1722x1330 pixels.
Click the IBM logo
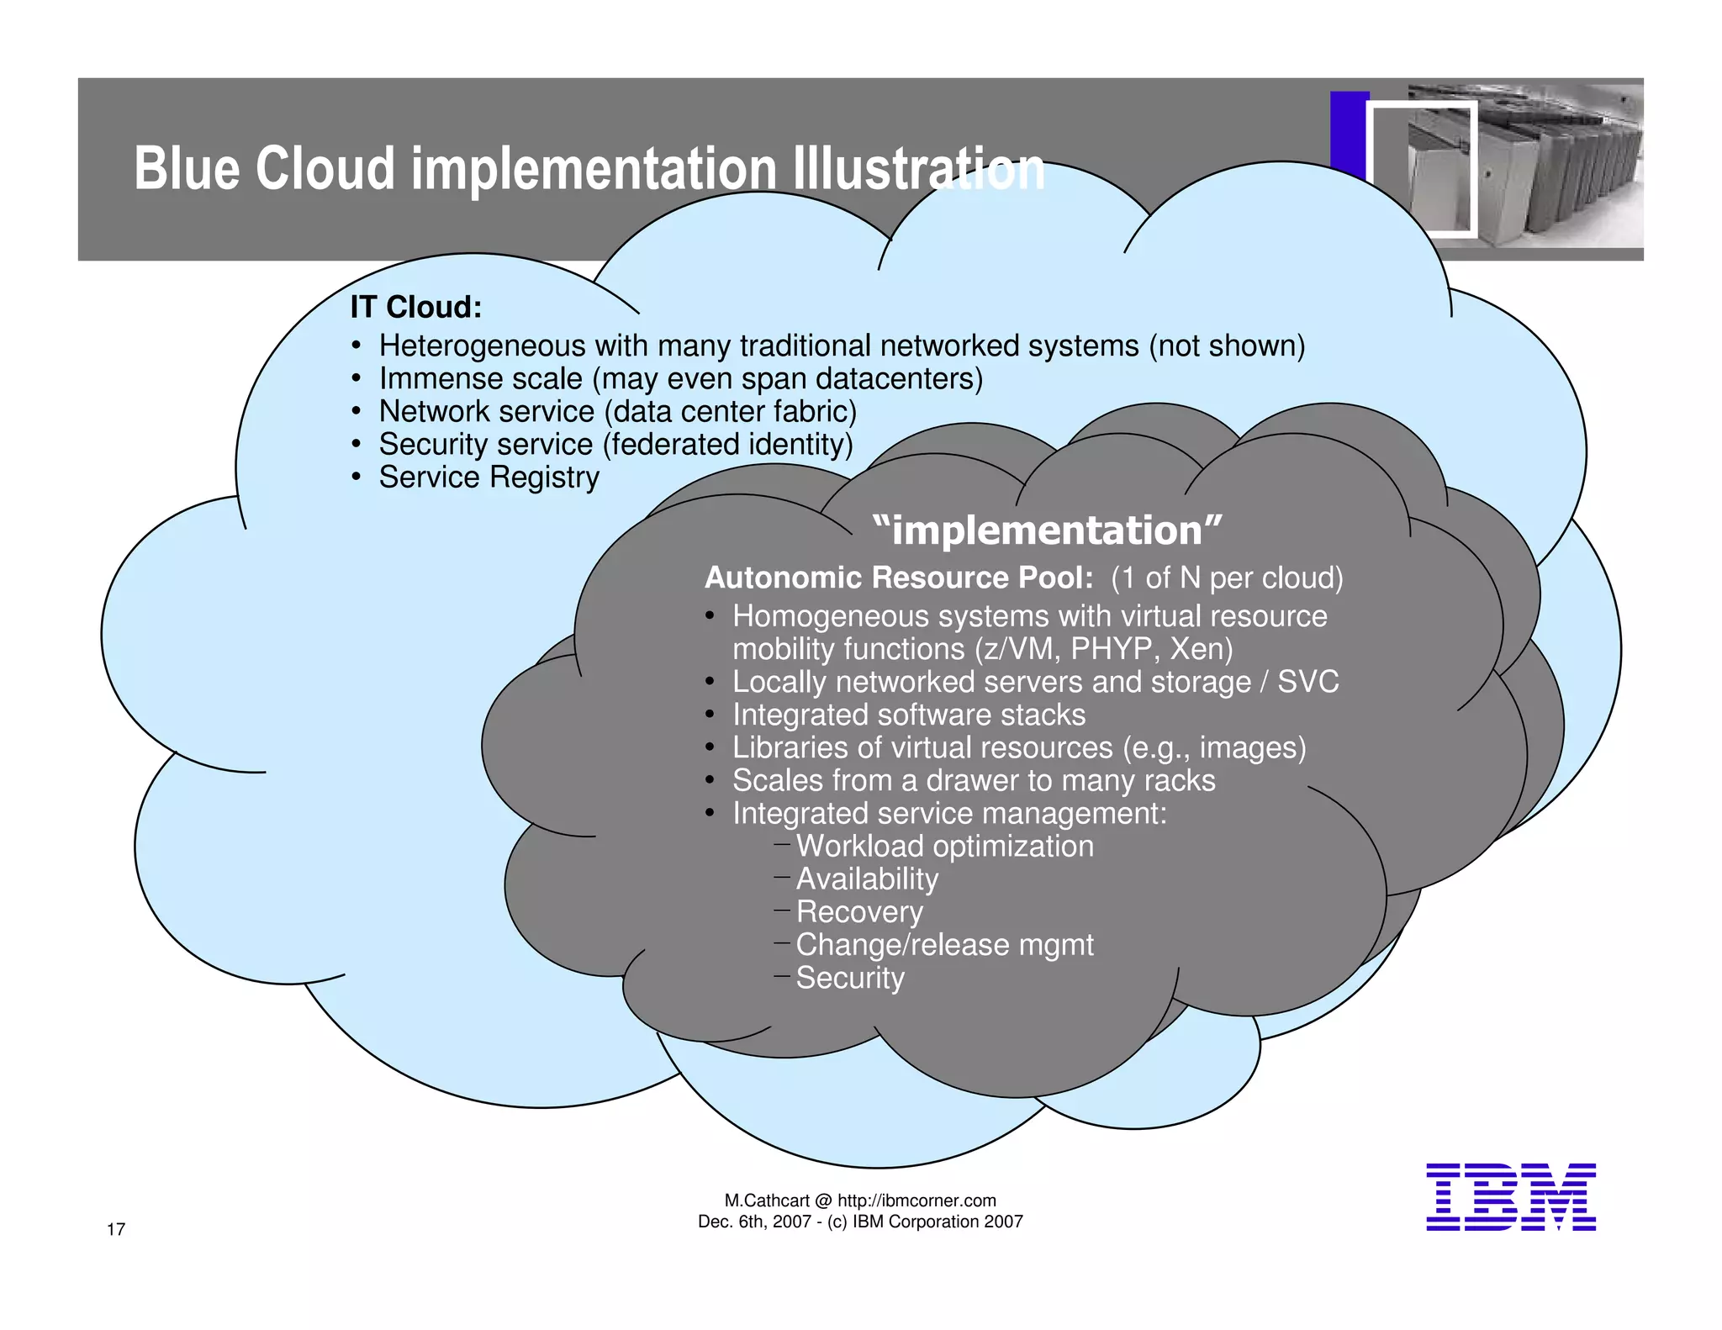tap(1510, 1197)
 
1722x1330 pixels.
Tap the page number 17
tap(116, 1229)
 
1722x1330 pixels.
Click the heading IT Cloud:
tap(415, 307)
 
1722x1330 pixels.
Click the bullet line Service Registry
tap(489, 478)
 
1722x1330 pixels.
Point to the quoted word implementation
tap(1047, 530)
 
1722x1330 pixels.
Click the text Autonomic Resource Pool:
tap(898, 578)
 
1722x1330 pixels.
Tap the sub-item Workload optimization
tap(944, 846)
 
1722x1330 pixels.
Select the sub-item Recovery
tap(858, 911)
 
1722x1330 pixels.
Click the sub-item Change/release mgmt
tap(943, 945)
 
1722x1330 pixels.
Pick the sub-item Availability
tap(866, 879)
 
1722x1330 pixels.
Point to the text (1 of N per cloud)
tap(1226, 578)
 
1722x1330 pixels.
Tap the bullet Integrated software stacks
tap(908, 715)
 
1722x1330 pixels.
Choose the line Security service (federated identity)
tap(615, 444)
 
